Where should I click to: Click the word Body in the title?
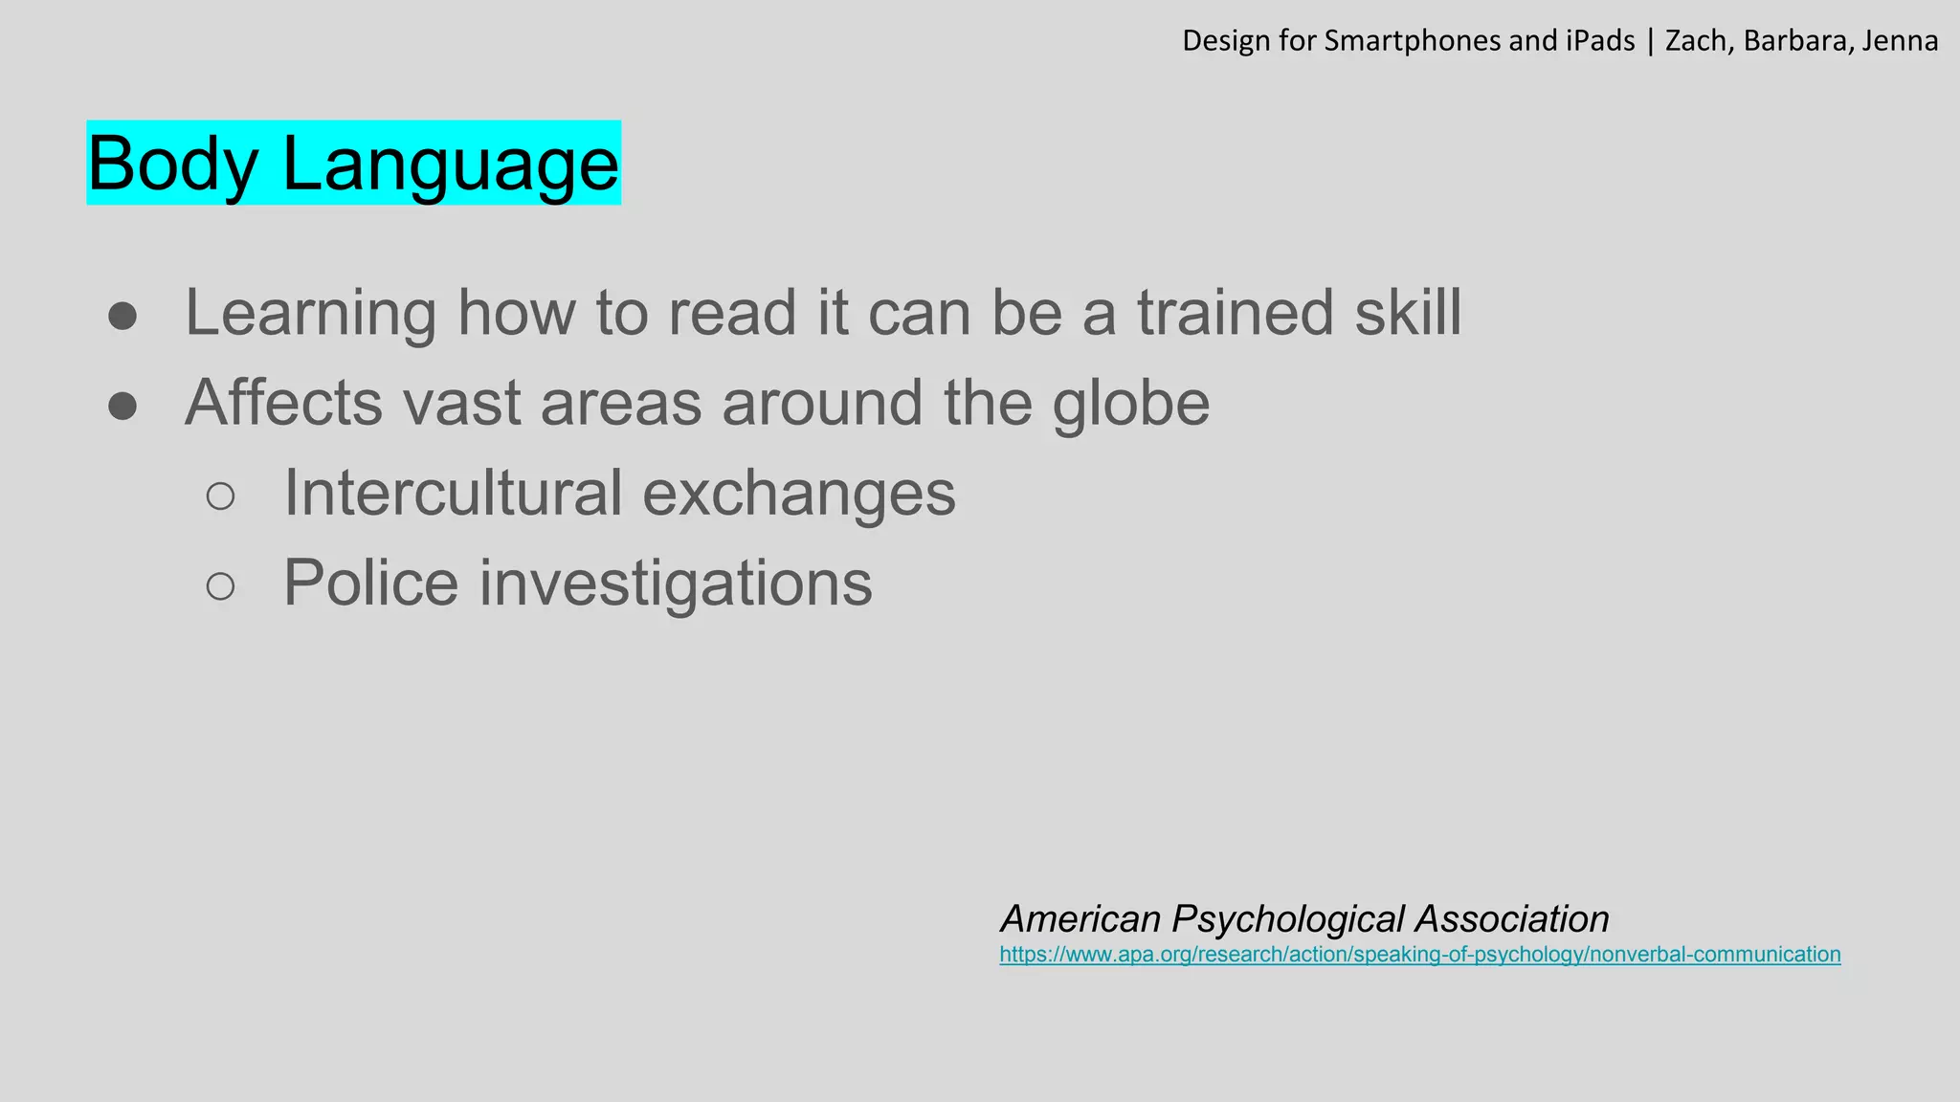pos(173,165)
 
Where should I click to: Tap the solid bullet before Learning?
pos(122,317)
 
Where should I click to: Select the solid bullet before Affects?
pos(122,407)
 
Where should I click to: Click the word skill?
pos(1408,313)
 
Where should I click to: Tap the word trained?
pos(1235,313)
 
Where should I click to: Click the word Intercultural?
pos(452,494)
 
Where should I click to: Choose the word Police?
pos(371,584)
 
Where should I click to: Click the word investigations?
pos(675,584)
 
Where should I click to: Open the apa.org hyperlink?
pos(1419,955)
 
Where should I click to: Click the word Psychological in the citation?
pos(1288,919)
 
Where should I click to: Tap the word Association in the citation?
pos(1512,919)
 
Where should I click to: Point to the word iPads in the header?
pos(1600,41)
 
